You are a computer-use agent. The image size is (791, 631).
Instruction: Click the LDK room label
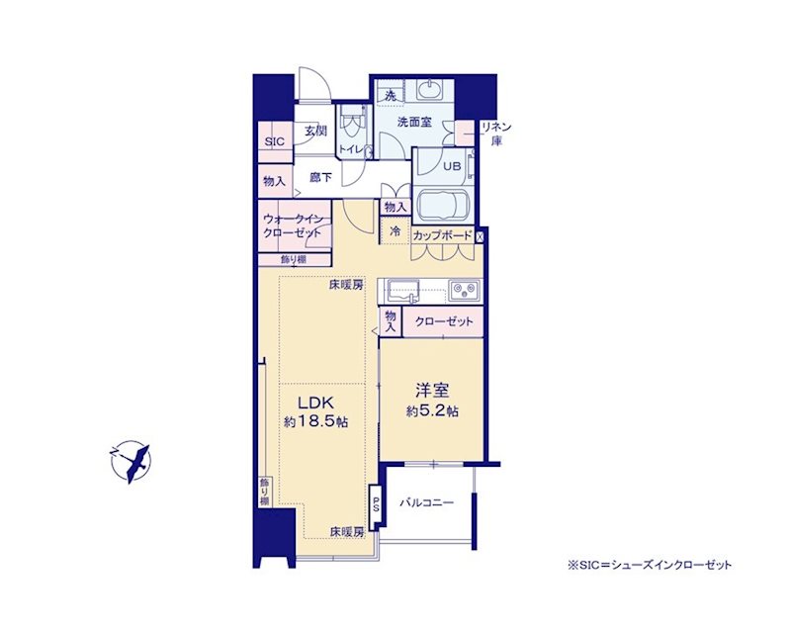coord(315,403)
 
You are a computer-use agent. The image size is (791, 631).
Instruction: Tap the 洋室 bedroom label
coord(432,391)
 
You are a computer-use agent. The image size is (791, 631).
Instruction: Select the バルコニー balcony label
coord(427,502)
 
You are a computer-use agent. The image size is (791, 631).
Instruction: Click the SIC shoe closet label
coord(275,141)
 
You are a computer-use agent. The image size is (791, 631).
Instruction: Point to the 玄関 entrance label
coord(315,131)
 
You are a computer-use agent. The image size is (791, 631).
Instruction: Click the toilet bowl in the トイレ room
coord(352,125)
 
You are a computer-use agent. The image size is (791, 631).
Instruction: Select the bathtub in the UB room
coord(443,204)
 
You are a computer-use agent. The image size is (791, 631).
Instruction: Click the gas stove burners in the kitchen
coord(464,289)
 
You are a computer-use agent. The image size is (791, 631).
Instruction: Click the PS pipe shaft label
coord(376,504)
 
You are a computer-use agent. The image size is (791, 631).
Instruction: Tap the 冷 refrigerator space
coord(395,231)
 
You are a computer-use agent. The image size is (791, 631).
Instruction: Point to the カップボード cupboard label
coord(442,235)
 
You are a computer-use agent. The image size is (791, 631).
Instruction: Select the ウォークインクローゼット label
coord(292,225)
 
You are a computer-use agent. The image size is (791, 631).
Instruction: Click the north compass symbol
coord(131,462)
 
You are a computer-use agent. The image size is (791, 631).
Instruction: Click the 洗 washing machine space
coord(390,94)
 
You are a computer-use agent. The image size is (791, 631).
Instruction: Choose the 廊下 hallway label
coord(320,178)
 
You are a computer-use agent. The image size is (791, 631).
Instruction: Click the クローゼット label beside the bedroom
coord(444,321)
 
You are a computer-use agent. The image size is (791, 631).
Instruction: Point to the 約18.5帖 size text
coord(315,421)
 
